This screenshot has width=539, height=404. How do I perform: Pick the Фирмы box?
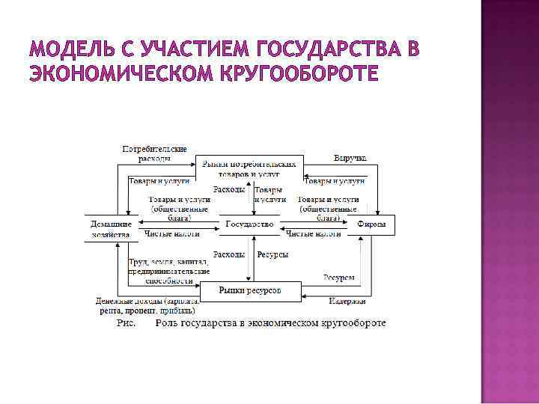pos(371,224)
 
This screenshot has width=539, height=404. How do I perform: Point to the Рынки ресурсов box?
pos(249,290)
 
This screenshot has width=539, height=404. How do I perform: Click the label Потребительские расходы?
pos(154,153)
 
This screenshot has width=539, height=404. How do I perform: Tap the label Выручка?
pos(350,158)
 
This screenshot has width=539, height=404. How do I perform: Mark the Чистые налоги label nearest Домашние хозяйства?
pos(171,234)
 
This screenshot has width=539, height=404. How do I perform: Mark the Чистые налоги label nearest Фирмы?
pos(314,234)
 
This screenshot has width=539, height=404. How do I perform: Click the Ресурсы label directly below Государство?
pos(272,254)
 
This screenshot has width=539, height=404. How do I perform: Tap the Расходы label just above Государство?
pos(229,190)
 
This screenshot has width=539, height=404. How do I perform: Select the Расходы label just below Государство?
pos(229,254)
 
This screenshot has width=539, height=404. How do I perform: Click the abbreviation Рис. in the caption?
pos(126,323)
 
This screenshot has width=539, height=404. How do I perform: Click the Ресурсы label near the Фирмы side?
pos(339,278)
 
